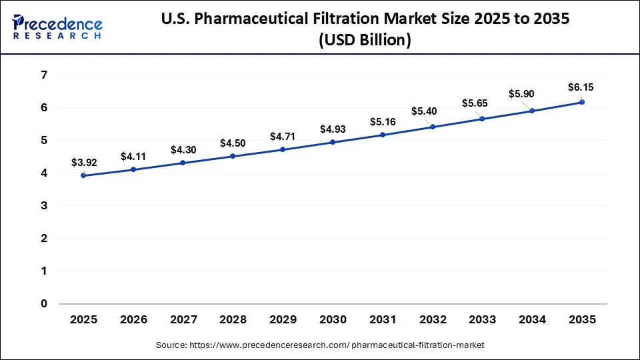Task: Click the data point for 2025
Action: click(83, 175)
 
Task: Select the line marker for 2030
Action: click(333, 142)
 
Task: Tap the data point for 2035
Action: click(582, 102)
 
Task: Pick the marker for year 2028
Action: click(233, 156)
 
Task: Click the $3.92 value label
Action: click(83, 162)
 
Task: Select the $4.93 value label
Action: click(333, 129)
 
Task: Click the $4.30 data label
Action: click(183, 150)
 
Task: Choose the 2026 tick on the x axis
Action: click(133, 320)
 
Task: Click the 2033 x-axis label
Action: click(482, 320)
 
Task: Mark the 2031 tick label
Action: click(383, 320)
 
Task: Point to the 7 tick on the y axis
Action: click(43, 75)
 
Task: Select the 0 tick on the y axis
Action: click(43, 304)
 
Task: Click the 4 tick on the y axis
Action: click(43, 173)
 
